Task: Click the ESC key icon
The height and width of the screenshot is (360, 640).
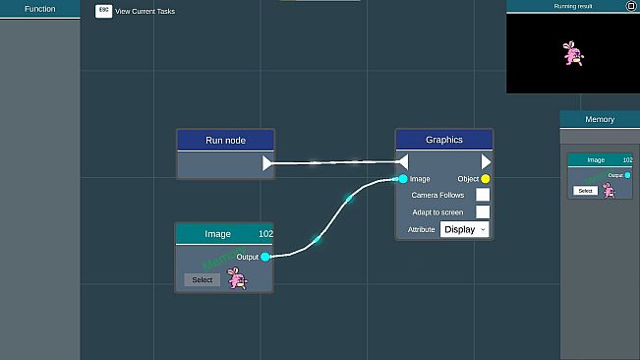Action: (x=103, y=10)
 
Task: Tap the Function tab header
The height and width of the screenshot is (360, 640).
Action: (x=39, y=9)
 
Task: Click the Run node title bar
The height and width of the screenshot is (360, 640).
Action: (x=225, y=140)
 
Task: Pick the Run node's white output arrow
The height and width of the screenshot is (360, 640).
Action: (x=268, y=163)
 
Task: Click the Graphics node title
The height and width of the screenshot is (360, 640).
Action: (x=443, y=140)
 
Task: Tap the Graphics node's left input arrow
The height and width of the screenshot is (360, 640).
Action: (x=402, y=162)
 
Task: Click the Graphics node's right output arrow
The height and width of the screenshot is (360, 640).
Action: (x=486, y=162)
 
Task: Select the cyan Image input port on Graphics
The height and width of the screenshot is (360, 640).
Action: (x=403, y=179)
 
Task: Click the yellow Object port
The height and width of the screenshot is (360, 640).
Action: (x=486, y=179)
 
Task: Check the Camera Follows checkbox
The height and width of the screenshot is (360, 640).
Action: (x=483, y=195)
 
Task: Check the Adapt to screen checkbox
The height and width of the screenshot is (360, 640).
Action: (x=483, y=211)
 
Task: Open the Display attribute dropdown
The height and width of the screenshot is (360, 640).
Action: (x=464, y=229)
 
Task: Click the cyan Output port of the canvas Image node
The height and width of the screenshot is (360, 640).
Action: (x=265, y=257)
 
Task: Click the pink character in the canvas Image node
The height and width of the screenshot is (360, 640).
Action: (x=237, y=278)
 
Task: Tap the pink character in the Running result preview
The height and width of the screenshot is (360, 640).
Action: (x=573, y=54)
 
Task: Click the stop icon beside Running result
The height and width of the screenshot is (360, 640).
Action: (x=631, y=6)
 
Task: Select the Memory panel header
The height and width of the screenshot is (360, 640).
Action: (x=600, y=119)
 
